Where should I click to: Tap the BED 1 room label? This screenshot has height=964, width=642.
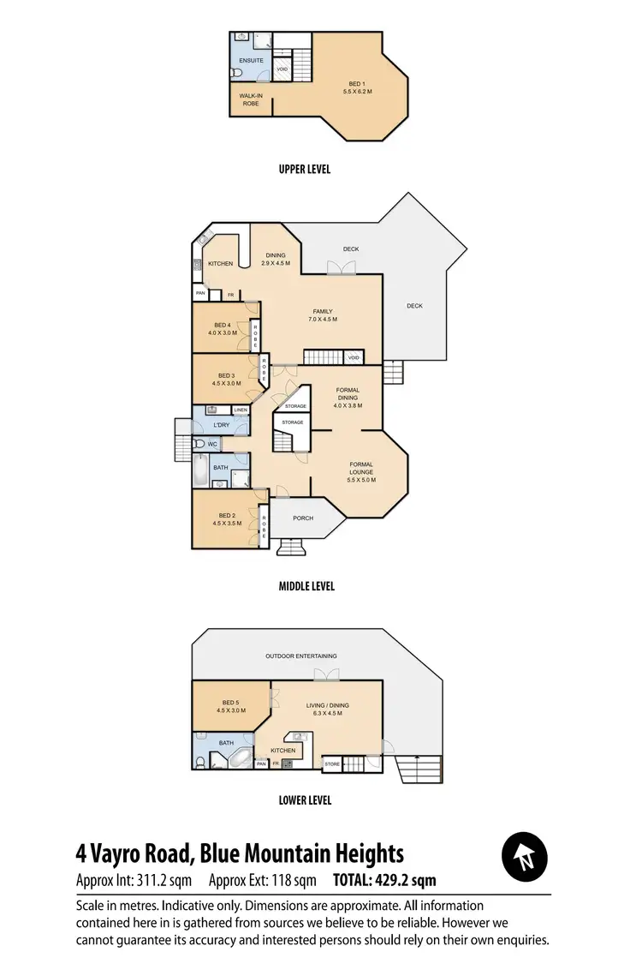click(x=357, y=86)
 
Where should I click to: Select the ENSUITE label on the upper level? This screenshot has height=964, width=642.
click(x=250, y=61)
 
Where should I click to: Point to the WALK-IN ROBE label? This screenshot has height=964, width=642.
click(x=250, y=99)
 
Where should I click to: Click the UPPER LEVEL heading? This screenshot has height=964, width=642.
click(x=304, y=169)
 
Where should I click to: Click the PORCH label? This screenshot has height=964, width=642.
click(x=303, y=518)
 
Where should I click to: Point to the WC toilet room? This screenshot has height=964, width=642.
click(x=213, y=444)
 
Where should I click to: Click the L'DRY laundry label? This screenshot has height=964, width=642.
click(x=221, y=424)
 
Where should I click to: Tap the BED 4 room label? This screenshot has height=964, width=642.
click(x=223, y=328)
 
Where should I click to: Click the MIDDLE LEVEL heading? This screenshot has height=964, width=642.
click(x=306, y=586)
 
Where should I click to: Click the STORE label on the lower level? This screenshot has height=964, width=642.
click(x=332, y=763)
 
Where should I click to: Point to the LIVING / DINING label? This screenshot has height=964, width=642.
click(x=327, y=709)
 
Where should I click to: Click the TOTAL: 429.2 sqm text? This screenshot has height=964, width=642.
click(x=385, y=879)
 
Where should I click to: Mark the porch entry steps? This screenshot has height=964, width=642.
click(x=291, y=548)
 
